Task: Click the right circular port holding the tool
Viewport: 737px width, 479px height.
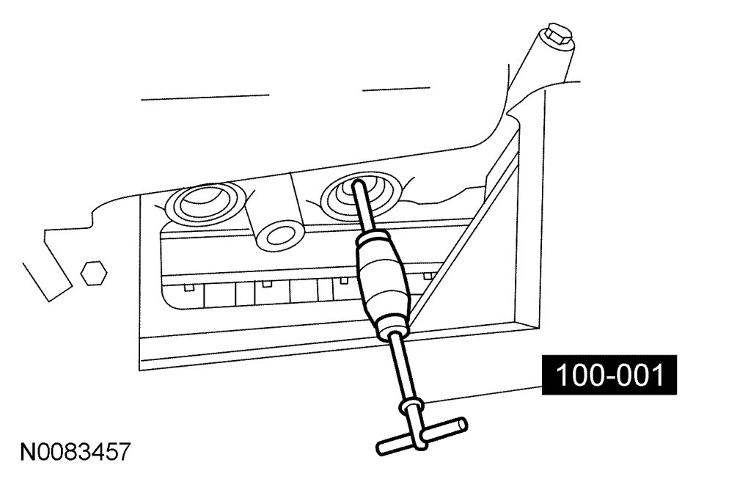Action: (x=359, y=194)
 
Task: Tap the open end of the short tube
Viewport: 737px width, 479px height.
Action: (x=278, y=235)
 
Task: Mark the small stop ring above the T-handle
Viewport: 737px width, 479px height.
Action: (x=409, y=407)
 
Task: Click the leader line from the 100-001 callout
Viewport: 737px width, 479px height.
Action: (x=484, y=390)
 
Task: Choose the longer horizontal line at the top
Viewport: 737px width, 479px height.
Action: (x=205, y=97)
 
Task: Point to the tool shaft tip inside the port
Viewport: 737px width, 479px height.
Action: (x=359, y=184)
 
